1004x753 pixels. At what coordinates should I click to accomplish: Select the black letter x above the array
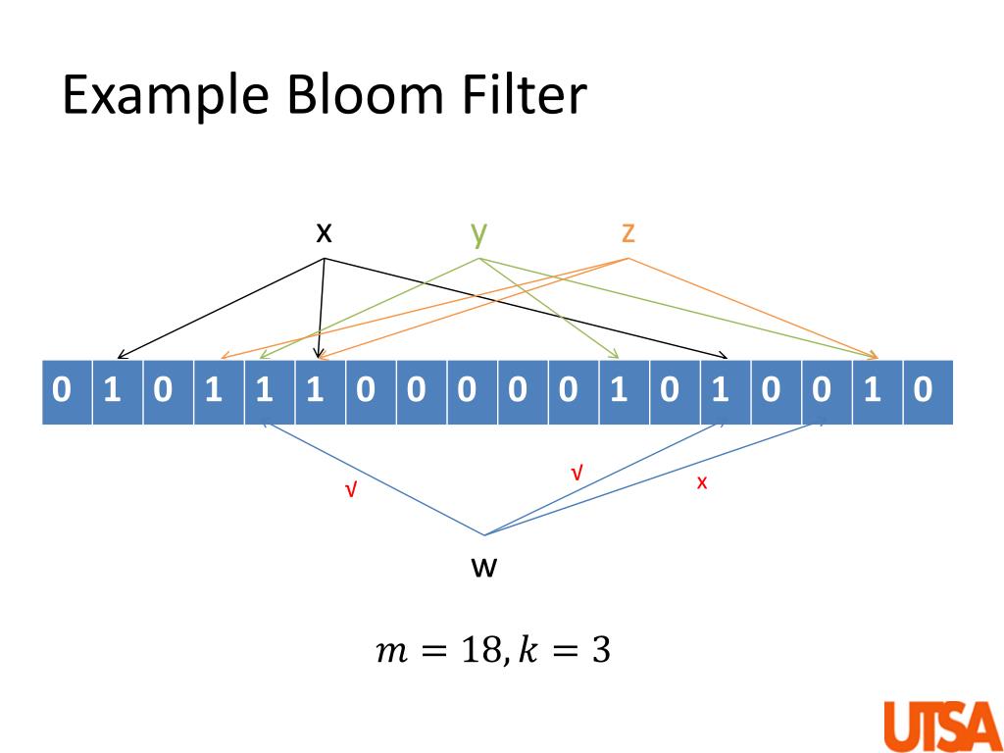click(324, 234)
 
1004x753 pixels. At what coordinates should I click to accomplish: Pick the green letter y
click(478, 235)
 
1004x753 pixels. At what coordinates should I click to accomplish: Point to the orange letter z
click(628, 234)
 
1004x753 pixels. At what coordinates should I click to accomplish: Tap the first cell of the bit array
click(68, 392)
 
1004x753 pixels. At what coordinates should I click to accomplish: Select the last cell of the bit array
click(929, 392)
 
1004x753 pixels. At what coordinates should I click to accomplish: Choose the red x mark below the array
click(702, 482)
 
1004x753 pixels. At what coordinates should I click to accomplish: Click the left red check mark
click(350, 491)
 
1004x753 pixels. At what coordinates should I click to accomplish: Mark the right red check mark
click(577, 474)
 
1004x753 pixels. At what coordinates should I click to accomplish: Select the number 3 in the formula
click(601, 652)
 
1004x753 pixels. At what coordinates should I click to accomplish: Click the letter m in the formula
click(392, 654)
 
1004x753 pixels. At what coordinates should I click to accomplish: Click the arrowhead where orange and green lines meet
click(875, 355)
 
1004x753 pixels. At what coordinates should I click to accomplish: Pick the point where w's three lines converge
click(484, 534)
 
